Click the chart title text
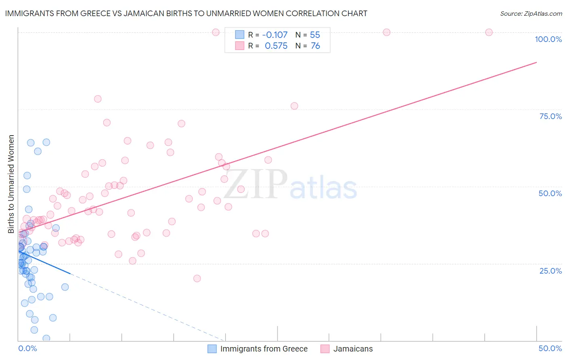(186, 13)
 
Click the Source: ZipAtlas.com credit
(531, 13)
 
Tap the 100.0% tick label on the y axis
(548, 39)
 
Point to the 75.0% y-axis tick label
(550, 116)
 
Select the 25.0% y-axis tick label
(550, 270)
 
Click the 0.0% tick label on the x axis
(27, 348)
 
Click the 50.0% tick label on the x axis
(550, 348)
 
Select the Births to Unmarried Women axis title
(11, 184)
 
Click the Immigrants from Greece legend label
(264, 349)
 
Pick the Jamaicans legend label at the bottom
(353, 349)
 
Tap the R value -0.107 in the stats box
(275, 35)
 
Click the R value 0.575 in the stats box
(276, 46)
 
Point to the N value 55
(315, 35)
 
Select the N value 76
(315, 46)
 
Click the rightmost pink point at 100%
(489, 32)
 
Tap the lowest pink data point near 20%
(197, 278)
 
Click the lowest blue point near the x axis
(46, 338)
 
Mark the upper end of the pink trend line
(536, 62)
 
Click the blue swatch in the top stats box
(240, 35)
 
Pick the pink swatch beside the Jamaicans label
(325, 349)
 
